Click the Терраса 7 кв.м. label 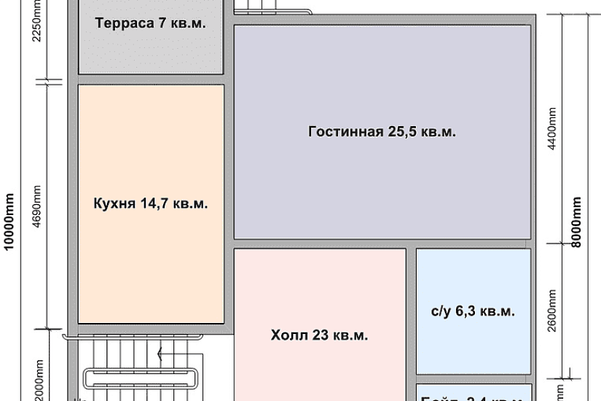150,23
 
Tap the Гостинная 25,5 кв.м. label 382,132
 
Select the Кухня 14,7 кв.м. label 151,204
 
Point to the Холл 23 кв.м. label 319,336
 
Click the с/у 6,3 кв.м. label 473,311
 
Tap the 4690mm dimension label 36,206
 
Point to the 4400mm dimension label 552,130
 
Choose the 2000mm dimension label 36,379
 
